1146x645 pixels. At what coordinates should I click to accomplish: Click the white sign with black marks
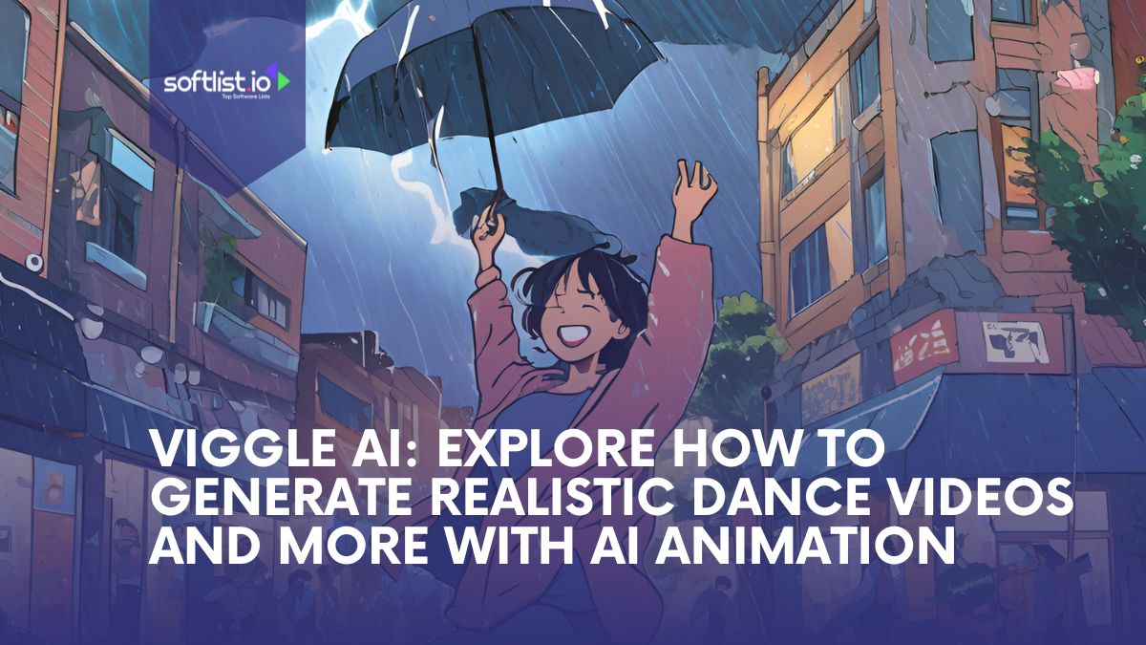point(1013,340)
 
